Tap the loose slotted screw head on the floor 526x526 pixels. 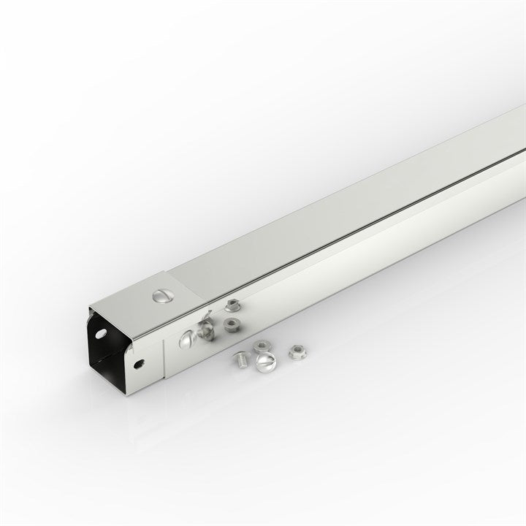[x=266, y=360]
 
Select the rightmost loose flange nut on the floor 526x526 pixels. [x=296, y=351]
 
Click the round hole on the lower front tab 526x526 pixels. [x=138, y=363]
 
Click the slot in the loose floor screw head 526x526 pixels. [x=267, y=360]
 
